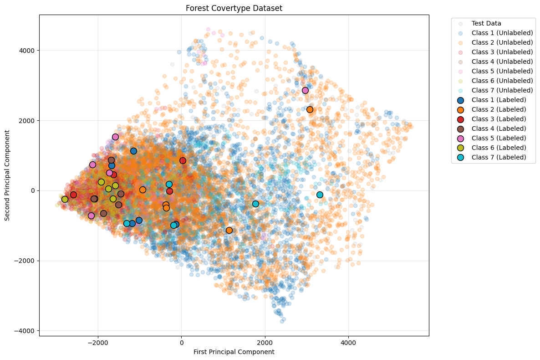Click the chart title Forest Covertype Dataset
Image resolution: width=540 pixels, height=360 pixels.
(x=234, y=8)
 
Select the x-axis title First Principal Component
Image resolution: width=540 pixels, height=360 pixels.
(x=234, y=352)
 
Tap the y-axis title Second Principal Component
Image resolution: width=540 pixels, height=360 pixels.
(x=8, y=175)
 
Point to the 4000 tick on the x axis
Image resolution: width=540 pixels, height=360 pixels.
(x=348, y=341)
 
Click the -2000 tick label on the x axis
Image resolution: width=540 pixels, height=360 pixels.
(x=98, y=341)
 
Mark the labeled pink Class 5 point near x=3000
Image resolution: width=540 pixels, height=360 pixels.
(x=305, y=90)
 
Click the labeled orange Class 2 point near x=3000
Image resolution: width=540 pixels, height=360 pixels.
(x=310, y=109)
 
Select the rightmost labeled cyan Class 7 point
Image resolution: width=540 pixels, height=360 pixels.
(x=320, y=195)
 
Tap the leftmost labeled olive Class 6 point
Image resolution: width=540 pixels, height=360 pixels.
(x=65, y=199)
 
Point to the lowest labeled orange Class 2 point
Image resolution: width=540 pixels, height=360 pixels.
(x=229, y=230)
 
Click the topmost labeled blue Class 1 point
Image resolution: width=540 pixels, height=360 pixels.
(x=133, y=151)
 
